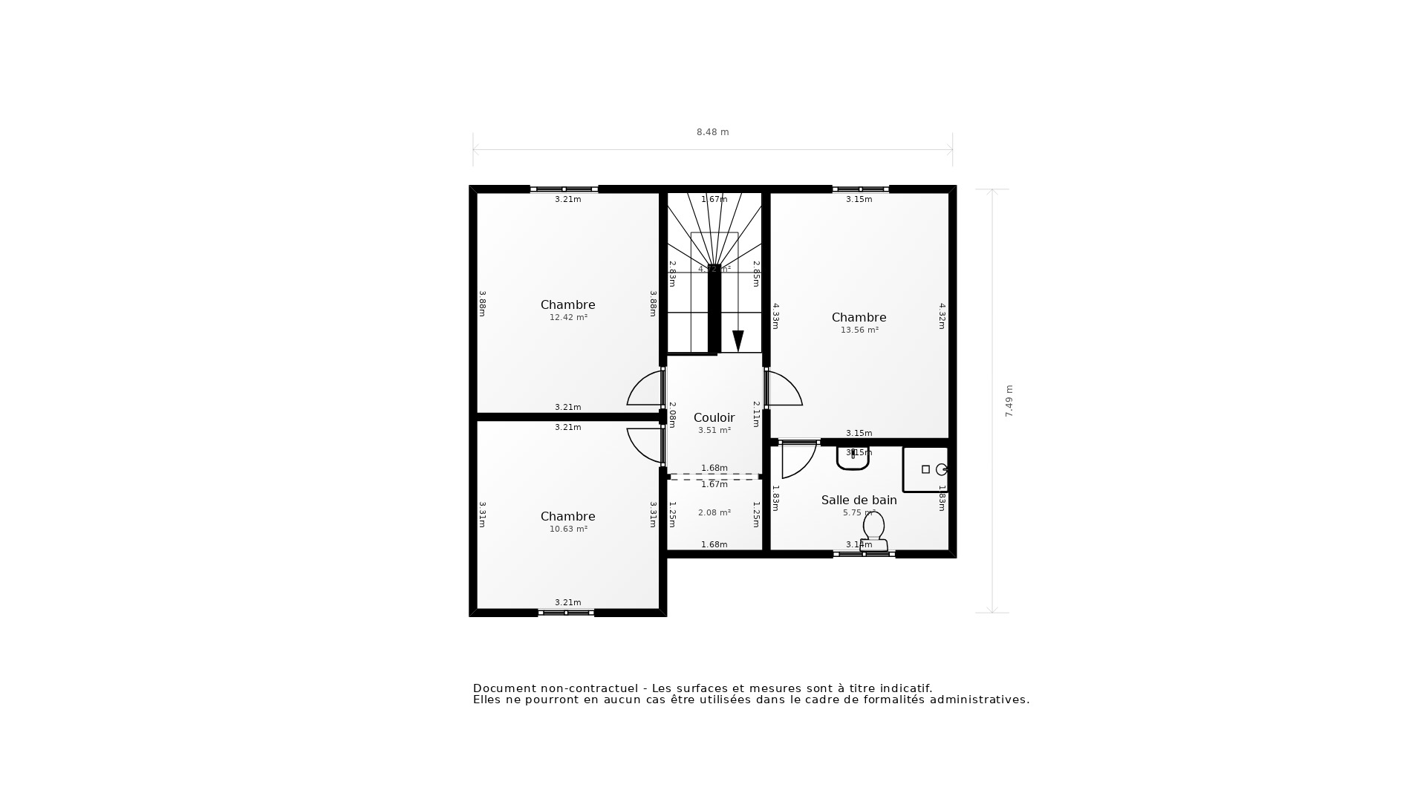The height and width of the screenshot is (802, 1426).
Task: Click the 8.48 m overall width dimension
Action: click(x=712, y=132)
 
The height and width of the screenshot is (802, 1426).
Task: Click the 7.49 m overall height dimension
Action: click(x=1009, y=401)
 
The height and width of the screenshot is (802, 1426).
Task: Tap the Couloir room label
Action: click(x=714, y=418)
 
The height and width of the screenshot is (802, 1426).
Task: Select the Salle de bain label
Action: click(x=859, y=501)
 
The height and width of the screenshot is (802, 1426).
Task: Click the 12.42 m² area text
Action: click(x=568, y=318)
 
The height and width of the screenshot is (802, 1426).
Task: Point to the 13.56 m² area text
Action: click(x=859, y=330)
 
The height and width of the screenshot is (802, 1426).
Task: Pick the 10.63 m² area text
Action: click(x=568, y=529)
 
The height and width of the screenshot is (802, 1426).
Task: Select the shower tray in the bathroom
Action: click(x=925, y=469)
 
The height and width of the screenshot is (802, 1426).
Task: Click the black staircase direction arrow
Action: click(x=738, y=341)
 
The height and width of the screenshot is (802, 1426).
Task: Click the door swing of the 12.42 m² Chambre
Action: click(x=645, y=390)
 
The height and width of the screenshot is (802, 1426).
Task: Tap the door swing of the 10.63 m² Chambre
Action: click(x=645, y=444)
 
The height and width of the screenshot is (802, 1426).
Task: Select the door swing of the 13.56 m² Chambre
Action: click(x=784, y=390)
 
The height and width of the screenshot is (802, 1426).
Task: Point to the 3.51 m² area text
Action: click(x=714, y=431)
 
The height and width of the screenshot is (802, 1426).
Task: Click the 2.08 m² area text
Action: click(x=714, y=513)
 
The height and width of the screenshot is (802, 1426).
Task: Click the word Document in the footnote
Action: click(x=504, y=688)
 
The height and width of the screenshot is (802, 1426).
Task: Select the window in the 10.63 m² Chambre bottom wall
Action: click(x=566, y=613)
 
